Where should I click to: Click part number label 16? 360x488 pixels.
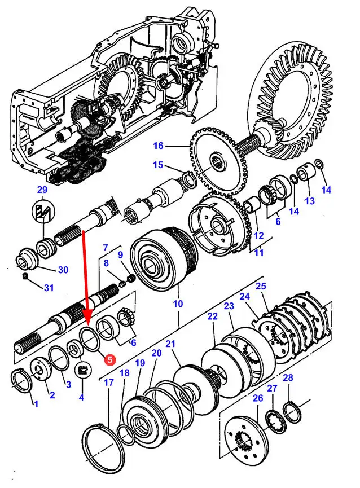click(158, 146)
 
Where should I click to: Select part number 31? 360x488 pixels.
click(49, 288)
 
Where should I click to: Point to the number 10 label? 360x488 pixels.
click(178, 304)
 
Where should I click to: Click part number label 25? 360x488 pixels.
click(260, 287)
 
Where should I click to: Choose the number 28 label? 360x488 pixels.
click(288, 377)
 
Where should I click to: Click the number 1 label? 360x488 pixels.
click(36, 404)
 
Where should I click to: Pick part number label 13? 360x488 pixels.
click(309, 201)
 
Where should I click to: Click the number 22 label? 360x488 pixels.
click(212, 317)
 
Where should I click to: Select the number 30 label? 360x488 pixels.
click(63, 270)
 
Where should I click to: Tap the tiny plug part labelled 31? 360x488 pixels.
click(25, 276)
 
